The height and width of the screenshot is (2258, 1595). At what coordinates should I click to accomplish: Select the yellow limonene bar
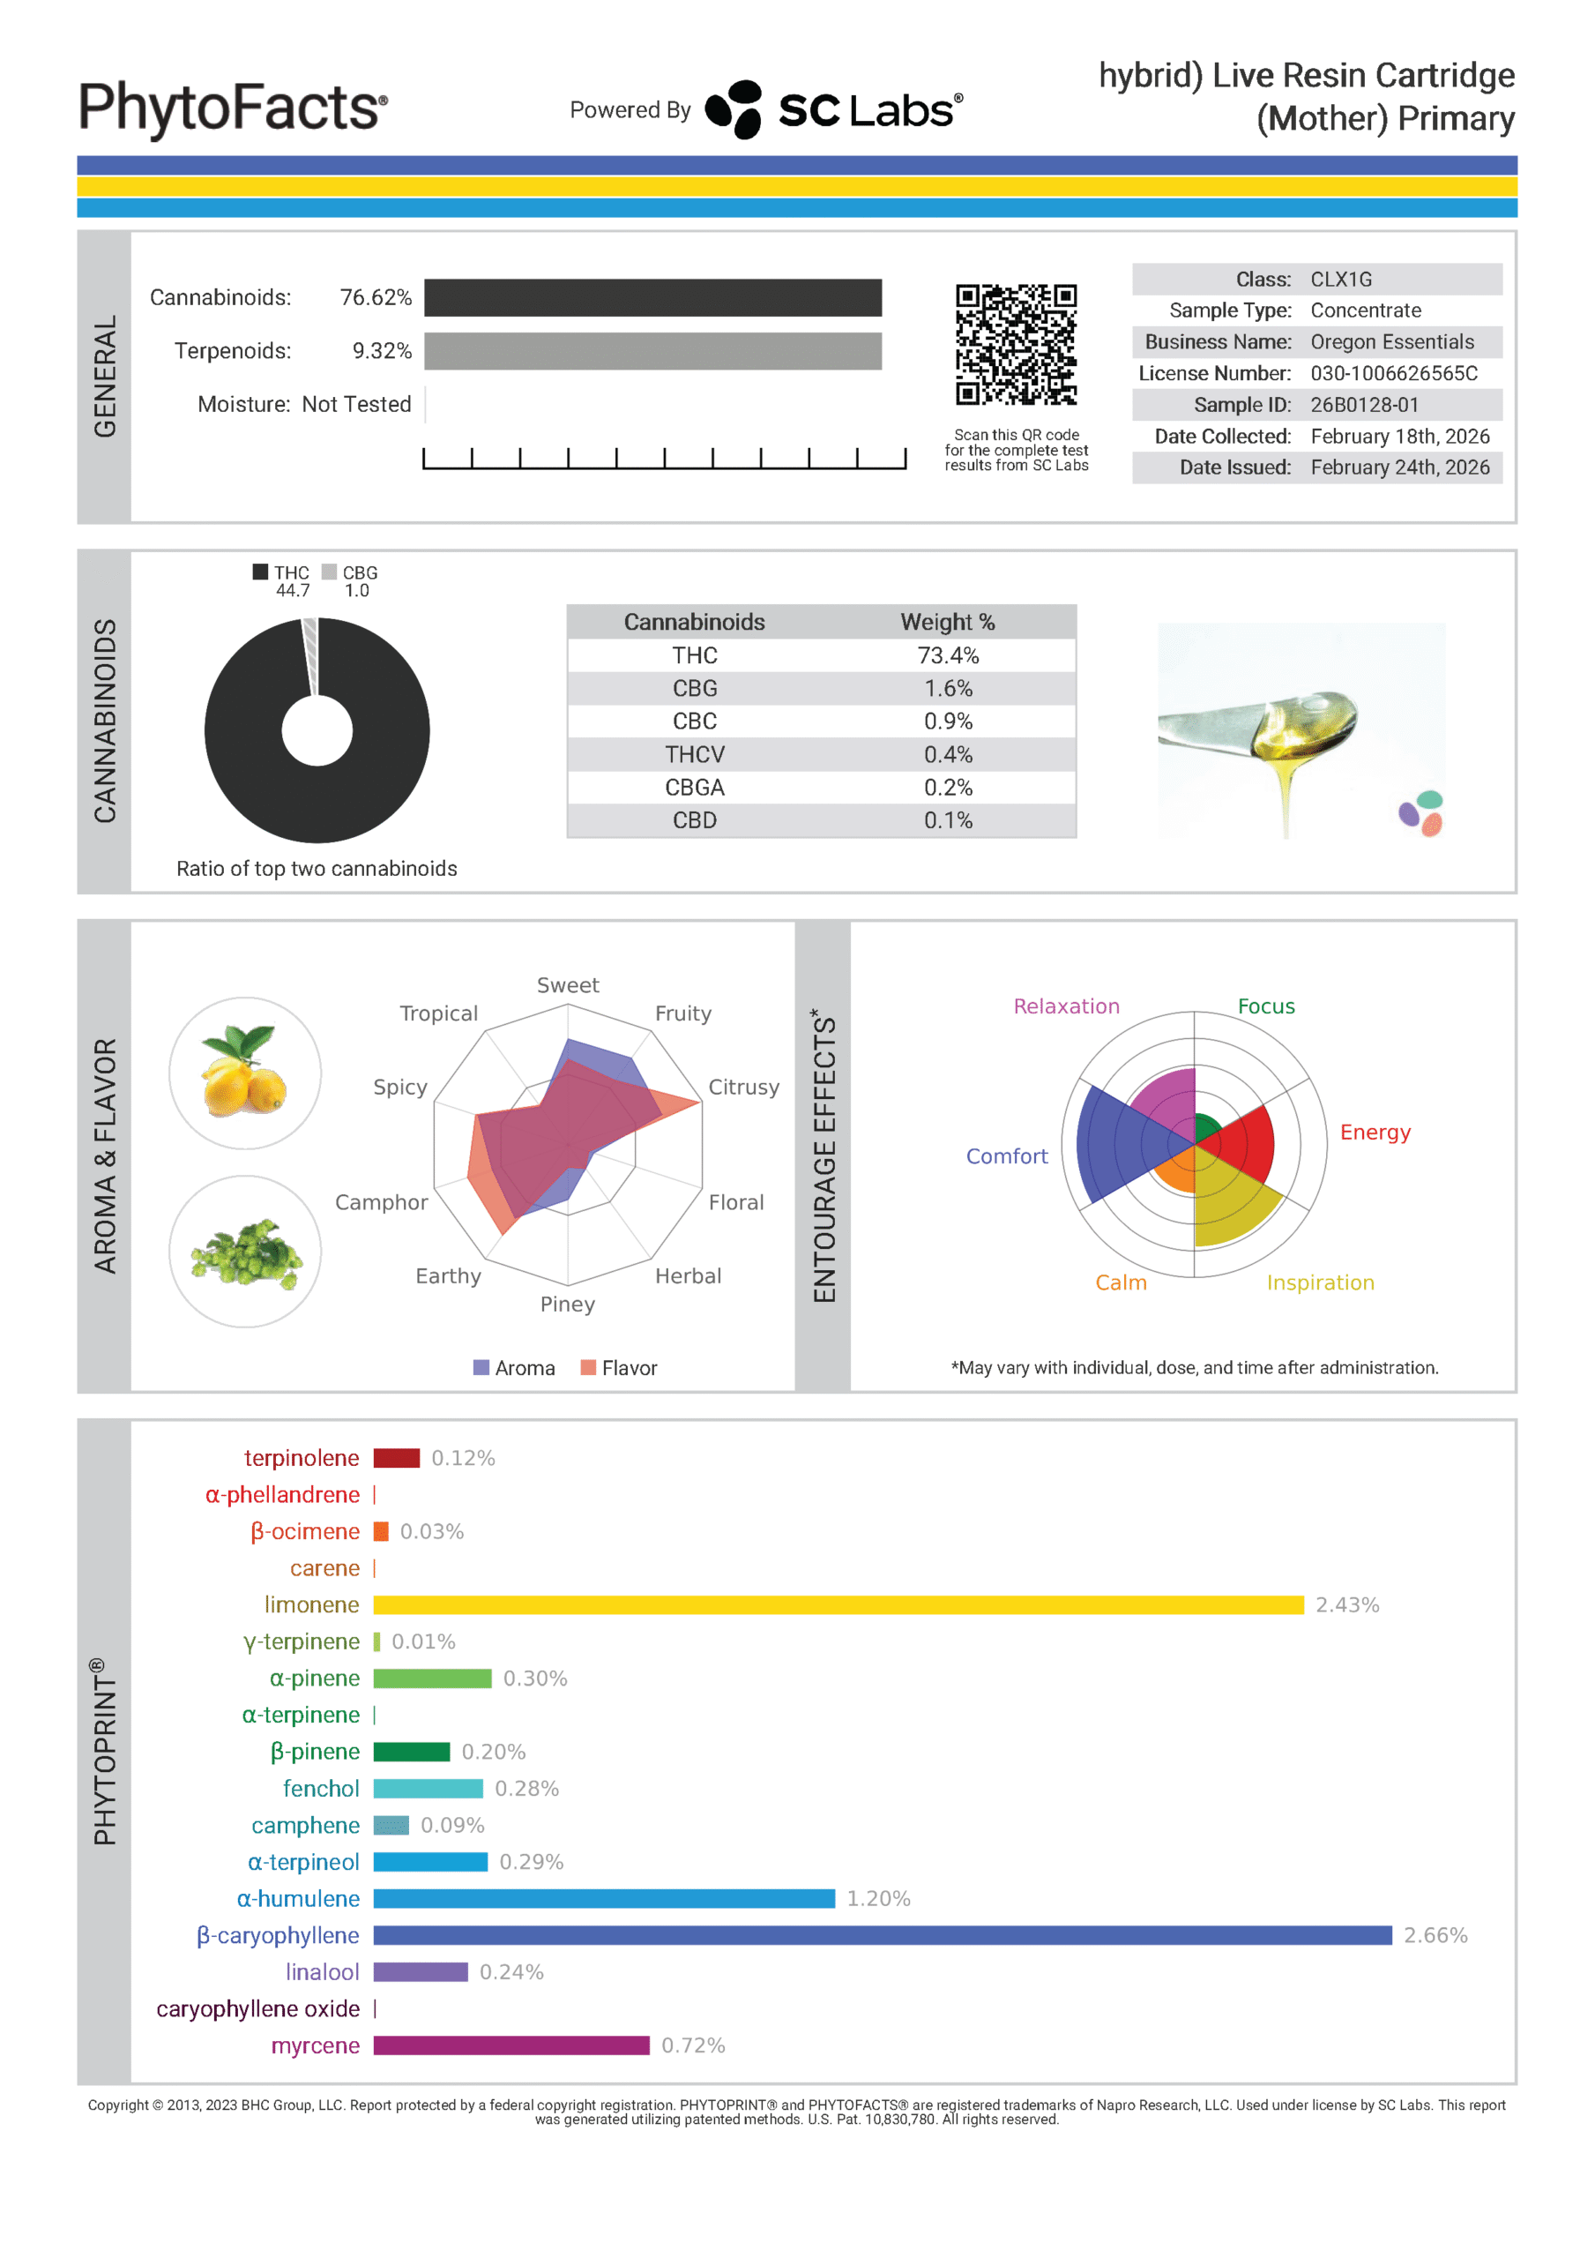point(838,1605)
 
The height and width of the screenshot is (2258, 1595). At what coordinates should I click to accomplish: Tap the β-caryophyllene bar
point(882,1935)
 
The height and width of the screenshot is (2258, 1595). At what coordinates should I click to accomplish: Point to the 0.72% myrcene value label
point(693,2045)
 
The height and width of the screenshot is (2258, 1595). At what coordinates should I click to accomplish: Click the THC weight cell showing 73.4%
point(948,655)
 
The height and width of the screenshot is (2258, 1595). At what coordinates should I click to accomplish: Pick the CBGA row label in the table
point(694,787)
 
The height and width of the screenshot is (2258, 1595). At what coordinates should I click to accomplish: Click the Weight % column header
point(948,622)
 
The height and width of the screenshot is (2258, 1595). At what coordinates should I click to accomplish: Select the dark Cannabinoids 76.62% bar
point(653,298)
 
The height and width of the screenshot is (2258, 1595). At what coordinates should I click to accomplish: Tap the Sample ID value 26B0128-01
point(1364,404)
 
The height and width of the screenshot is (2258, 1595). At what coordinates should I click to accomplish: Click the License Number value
point(1393,373)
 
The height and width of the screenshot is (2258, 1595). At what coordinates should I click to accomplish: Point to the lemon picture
point(245,1072)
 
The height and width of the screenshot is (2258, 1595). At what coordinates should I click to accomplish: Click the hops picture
point(245,1251)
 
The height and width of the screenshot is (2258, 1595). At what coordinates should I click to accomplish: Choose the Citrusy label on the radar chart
point(743,1087)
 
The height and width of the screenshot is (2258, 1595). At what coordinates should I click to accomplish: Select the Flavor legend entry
point(620,1368)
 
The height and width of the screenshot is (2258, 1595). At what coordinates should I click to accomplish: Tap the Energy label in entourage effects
point(1375,1132)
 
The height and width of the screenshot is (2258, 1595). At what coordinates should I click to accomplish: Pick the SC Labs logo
point(834,109)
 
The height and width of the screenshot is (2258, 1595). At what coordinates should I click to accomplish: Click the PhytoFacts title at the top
point(233,108)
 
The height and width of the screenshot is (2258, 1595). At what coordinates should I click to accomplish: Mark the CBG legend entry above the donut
point(351,572)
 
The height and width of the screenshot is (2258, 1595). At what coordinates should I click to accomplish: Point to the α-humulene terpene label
point(298,1899)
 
